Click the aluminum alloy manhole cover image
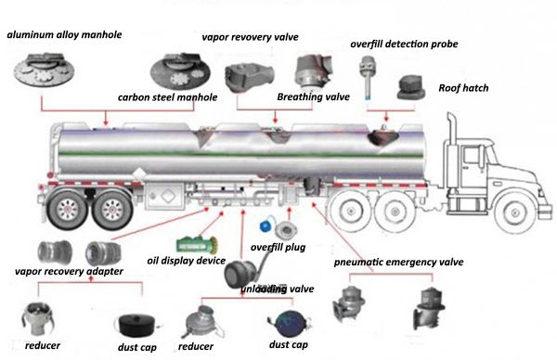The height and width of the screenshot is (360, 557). tap(44, 71)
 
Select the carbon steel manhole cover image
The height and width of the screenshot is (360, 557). tap(180, 71)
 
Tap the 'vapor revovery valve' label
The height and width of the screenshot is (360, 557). tap(250, 37)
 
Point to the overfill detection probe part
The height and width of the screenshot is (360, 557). tap(368, 77)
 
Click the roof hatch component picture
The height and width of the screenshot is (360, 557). tap(410, 88)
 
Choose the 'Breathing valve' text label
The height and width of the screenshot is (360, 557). tap(314, 96)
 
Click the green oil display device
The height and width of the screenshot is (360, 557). tap(197, 245)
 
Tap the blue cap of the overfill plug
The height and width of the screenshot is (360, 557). tap(266, 226)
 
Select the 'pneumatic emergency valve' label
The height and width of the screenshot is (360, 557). tap(398, 262)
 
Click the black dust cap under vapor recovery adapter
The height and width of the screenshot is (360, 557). tap(136, 325)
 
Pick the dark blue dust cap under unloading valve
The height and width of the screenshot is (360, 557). tap(290, 324)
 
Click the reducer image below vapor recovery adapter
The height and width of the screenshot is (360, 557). tap(38, 319)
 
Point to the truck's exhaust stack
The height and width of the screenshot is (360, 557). tap(452, 150)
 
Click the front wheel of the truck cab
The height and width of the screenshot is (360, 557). tap(514, 212)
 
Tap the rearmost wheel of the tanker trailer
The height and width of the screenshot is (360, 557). tap(68, 209)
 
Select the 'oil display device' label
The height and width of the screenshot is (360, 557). tap(187, 261)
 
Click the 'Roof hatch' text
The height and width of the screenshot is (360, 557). tap(463, 88)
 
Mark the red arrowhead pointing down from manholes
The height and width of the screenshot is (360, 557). tap(106, 122)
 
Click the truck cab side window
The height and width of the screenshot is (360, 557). tap(472, 156)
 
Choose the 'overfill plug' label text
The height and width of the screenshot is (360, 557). tap(278, 247)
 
